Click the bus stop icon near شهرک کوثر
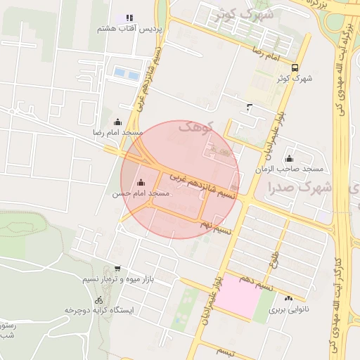295,67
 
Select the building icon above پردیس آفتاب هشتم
129,18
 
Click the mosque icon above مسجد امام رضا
117,122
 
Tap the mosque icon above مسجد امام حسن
146,182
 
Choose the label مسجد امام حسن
141,193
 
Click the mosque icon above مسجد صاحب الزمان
289,159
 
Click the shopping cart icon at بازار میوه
117,269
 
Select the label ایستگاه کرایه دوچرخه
103,310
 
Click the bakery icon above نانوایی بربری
289,298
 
